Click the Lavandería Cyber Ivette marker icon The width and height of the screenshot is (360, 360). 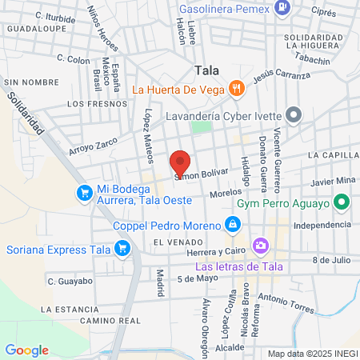[x=293, y=115]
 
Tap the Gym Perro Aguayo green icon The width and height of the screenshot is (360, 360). [x=342, y=203]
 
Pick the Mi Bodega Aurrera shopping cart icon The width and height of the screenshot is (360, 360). [x=84, y=193]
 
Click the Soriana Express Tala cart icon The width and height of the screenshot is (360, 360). [x=122, y=249]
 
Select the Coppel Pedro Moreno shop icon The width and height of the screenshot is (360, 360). [x=232, y=225]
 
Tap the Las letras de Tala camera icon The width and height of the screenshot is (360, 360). [x=259, y=245]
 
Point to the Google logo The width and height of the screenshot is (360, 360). [x=26, y=350]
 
